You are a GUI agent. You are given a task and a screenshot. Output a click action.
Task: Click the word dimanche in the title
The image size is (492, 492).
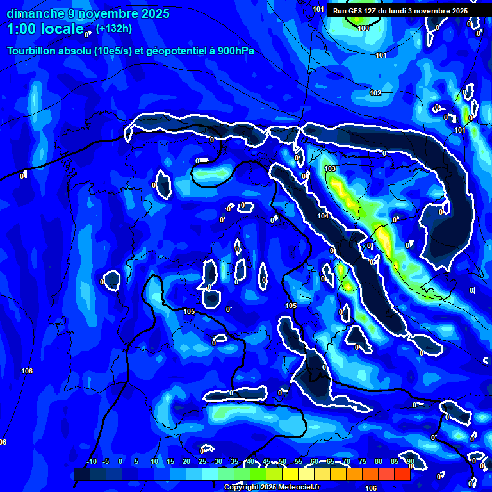[x=31, y=13]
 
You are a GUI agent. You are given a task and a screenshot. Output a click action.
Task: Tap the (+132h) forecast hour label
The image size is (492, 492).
[x=115, y=28]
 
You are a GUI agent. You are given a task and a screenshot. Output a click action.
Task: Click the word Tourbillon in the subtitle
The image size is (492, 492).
[x=32, y=51]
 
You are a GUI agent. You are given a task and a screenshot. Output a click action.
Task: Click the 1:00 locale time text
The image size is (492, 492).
[x=45, y=29]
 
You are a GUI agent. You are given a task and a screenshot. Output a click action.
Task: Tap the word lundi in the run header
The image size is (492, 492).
[x=402, y=11]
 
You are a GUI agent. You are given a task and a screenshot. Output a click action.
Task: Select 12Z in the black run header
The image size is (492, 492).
[x=365, y=11]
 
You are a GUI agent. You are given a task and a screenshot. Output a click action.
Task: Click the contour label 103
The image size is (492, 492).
[x=330, y=168]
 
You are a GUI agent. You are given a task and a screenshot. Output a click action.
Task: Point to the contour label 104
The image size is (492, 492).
[x=323, y=216]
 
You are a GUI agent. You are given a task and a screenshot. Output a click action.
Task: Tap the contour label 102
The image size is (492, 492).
[x=375, y=93]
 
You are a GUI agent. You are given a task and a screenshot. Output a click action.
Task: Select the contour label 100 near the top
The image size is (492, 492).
[x=363, y=28]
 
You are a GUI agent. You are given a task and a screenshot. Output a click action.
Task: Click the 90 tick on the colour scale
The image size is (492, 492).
[x=410, y=461]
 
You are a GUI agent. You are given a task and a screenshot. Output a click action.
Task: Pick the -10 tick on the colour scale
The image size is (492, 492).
[x=92, y=461]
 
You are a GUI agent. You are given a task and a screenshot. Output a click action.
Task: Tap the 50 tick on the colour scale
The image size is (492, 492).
[x=283, y=461]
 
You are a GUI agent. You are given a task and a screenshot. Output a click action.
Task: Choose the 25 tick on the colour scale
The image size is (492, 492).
[x=202, y=461]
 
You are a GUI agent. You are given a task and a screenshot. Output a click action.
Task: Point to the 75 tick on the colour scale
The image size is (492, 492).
[x=363, y=461]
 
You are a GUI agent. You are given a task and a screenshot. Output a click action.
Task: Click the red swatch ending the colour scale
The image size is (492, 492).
[x=402, y=474]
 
